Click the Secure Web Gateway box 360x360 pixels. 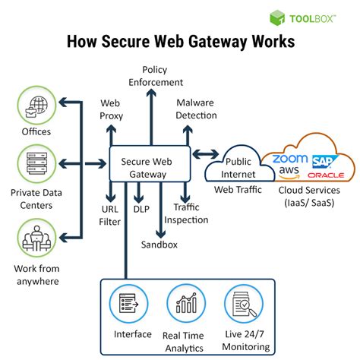pyautogui.click(x=150, y=163)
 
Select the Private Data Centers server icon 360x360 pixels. pyautogui.click(x=36, y=163)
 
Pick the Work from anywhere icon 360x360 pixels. pyautogui.click(x=36, y=238)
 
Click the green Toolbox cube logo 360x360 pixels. pyautogui.click(x=277, y=17)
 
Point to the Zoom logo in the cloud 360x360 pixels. pyautogui.click(x=290, y=159)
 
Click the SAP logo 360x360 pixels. pyautogui.click(x=324, y=162)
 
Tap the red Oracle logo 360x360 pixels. pyautogui.click(x=326, y=175)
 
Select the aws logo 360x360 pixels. pyautogui.click(x=289, y=172)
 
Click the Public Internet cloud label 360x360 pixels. pyautogui.click(x=238, y=168)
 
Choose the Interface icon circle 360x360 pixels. pyautogui.click(x=128, y=303)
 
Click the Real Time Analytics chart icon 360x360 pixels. pyautogui.click(x=186, y=303)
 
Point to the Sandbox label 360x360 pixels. pyautogui.click(x=159, y=245)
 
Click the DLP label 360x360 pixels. pyautogui.click(x=141, y=209)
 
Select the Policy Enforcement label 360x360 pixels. pyautogui.click(x=156, y=76)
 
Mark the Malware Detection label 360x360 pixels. pyautogui.click(x=196, y=109)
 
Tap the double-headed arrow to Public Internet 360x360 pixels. pyautogui.click(x=206, y=153)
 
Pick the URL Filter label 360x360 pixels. pyautogui.click(x=109, y=216)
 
